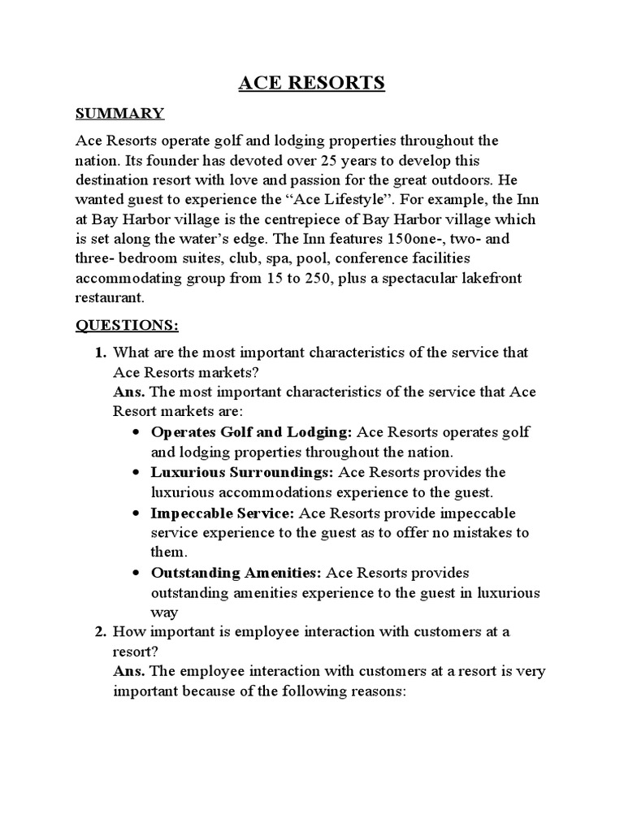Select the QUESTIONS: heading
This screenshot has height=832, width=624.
point(127,326)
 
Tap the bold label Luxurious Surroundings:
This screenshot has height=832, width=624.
point(242,472)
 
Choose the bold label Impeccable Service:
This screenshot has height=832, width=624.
point(223,513)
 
